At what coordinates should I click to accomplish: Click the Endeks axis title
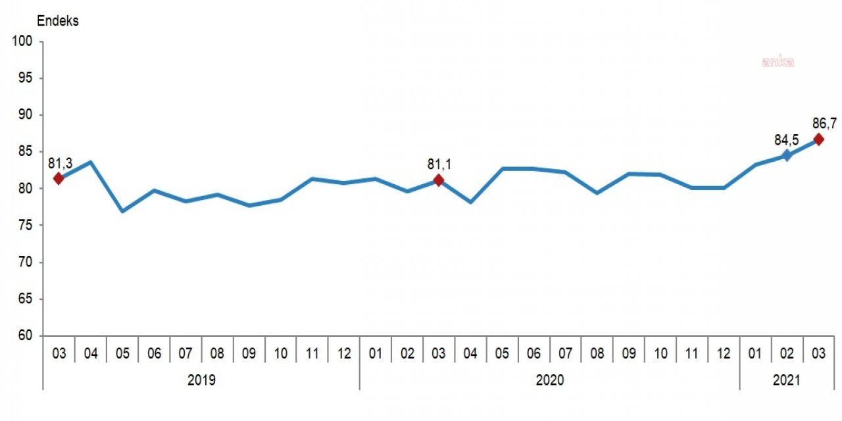57,21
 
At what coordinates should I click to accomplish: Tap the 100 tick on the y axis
22,41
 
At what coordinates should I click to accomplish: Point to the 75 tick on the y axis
25,226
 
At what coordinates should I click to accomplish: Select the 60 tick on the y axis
25,336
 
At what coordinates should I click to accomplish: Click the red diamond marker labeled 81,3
59,178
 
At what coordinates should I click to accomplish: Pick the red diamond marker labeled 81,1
439,180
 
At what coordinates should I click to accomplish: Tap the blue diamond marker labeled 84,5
786,155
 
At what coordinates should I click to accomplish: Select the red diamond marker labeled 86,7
818,139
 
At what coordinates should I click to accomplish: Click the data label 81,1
439,163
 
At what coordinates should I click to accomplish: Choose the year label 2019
201,380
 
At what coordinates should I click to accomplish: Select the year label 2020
549,380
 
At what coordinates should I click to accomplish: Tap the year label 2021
787,380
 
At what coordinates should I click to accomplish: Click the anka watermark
778,62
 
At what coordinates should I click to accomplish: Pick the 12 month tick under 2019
344,354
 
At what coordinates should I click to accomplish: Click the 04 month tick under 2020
470,354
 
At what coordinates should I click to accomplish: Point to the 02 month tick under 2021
787,354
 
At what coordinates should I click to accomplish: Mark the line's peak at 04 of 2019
91,162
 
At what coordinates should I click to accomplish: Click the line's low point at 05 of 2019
122,211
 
